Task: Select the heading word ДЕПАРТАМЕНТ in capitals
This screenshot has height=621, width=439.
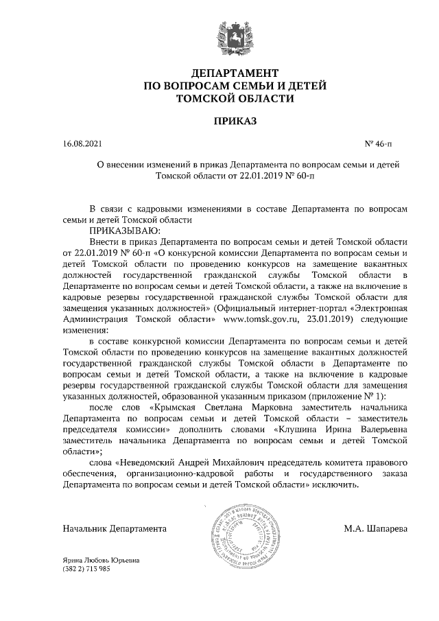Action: (235, 73)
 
